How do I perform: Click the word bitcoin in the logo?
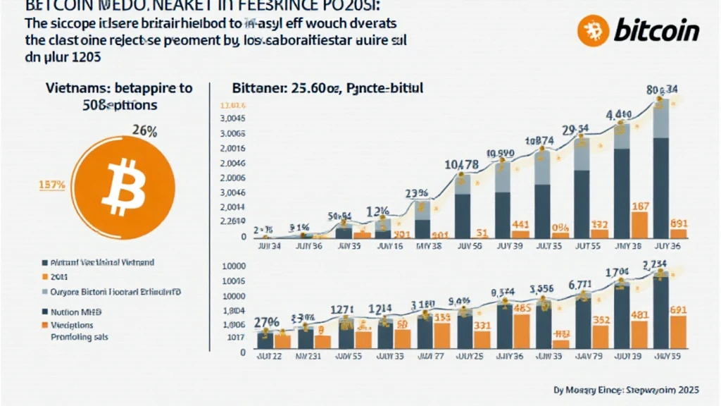coord(656,31)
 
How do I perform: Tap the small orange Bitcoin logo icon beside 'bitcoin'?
coord(593,31)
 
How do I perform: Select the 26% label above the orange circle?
coord(145,131)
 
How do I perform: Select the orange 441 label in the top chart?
coord(521,225)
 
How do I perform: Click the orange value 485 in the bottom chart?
coord(522,307)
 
